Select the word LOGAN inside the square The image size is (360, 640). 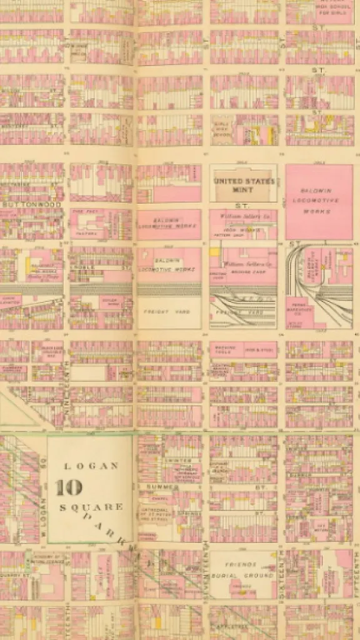coord(91,466)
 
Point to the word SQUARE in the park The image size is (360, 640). coord(91,507)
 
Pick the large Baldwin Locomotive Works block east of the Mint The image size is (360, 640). coord(319,201)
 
